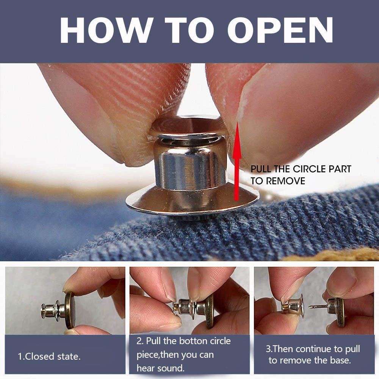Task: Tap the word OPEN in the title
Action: tap(280, 30)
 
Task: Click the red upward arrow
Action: tap(237, 161)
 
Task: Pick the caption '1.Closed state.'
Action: tap(49, 356)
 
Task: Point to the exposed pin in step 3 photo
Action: tap(318, 307)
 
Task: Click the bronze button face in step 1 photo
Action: tap(70, 310)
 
